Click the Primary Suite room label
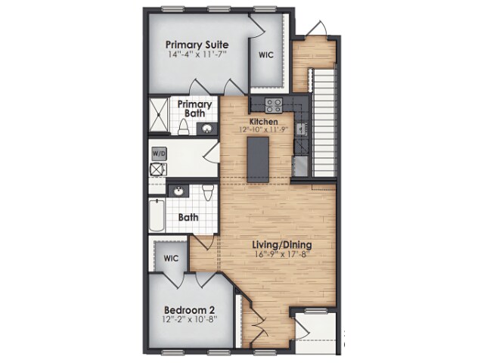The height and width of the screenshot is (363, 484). pyautogui.click(x=197, y=45)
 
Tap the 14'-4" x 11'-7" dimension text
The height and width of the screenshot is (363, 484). pyautogui.click(x=197, y=55)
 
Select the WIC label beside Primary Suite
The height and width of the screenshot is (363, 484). pyautogui.click(x=265, y=54)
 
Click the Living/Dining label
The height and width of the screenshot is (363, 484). pyautogui.click(x=282, y=244)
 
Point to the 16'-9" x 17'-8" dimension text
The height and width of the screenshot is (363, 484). pyautogui.click(x=282, y=255)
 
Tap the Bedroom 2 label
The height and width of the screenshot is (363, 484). pyautogui.click(x=190, y=309)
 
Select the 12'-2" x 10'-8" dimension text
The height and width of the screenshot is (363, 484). pyautogui.click(x=190, y=320)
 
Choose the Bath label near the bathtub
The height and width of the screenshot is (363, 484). pyautogui.click(x=188, y=217)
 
